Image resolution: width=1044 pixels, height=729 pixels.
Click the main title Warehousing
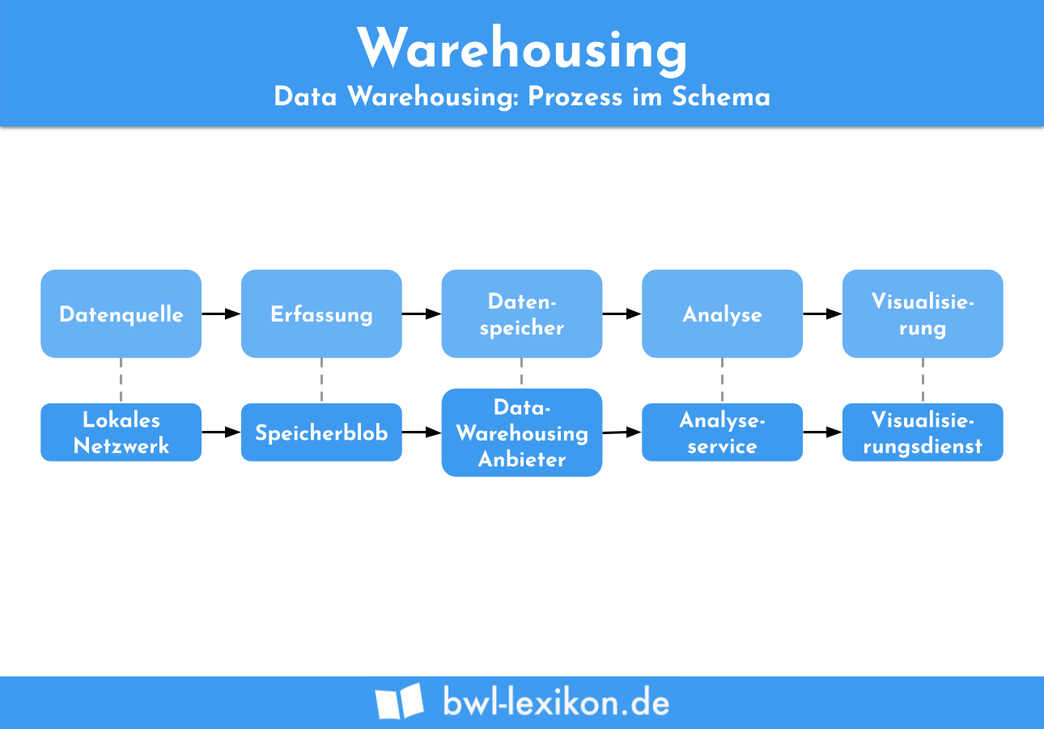(x=522, y=49)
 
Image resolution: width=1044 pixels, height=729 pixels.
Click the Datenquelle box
(x=121, y=314)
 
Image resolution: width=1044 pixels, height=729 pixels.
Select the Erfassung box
(x=321, y=314)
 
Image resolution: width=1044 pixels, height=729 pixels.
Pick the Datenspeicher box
(x=522, y=314)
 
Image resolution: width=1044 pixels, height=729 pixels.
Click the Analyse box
(x=722, y=314)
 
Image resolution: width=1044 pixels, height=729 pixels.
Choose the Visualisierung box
(x=923, y=314)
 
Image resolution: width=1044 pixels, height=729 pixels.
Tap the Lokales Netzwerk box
(x=121, y=433)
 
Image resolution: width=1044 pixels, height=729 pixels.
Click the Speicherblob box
(x=321, y=433)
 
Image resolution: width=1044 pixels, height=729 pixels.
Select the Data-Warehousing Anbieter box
(x=522, y=433)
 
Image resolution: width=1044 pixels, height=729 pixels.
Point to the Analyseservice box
(x=722, y=433)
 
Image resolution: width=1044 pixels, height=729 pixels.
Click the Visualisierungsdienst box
(x=923, y=433)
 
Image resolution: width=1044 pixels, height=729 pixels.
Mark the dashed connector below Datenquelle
(x=121, y=380)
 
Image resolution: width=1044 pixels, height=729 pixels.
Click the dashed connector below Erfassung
(x=321, y=380)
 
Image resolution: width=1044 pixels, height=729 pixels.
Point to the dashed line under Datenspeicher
(x=522, y=373)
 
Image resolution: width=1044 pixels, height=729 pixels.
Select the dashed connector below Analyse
(x=722, y=380)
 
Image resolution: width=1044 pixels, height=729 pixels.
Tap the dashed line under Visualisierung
(x=923, y=380)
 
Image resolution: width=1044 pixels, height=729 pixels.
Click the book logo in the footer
(x=399, y=701)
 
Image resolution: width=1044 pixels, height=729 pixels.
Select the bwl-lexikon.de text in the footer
(x=556, y=701)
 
